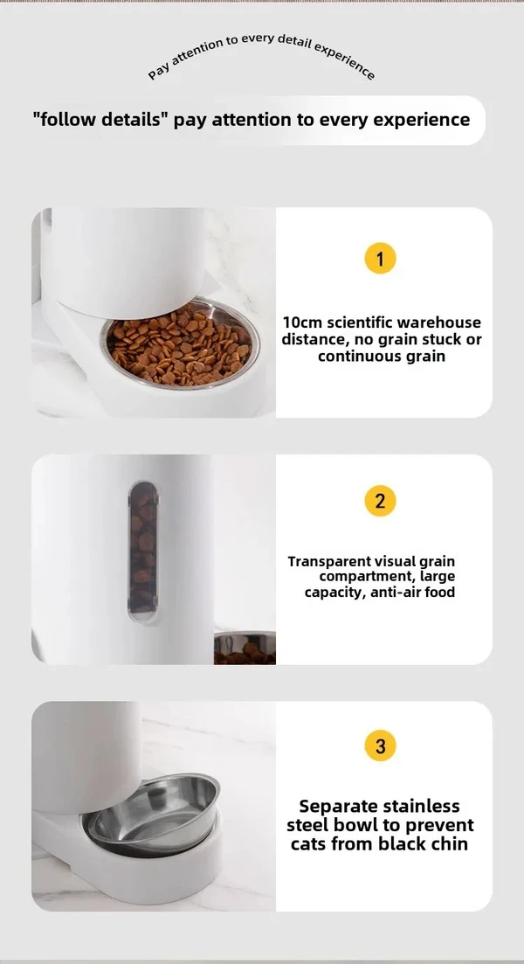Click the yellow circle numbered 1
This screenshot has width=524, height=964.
(380, 259)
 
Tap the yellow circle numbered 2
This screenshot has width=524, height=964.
(380, 501)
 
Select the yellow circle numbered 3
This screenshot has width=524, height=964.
(380, 746)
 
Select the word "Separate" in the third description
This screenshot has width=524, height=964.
(338, 806)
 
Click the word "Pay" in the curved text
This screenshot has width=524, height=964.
(158, 72)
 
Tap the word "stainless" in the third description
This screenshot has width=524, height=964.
(421, 806)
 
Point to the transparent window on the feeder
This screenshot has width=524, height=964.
(143, 551)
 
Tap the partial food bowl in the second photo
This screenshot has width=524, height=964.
(245, 648)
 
